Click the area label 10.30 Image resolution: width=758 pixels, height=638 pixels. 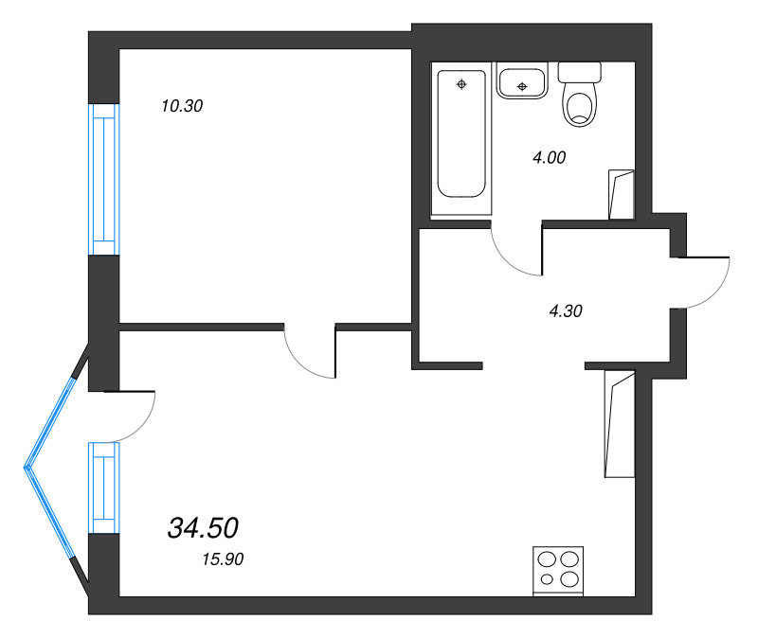(x=182, y=107)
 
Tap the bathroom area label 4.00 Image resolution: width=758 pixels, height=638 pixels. (x=549, y=158)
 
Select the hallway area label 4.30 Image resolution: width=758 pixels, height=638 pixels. (x=565, y=310)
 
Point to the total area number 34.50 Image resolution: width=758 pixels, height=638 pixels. (x=202, y=527)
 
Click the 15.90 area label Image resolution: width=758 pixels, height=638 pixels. (x=224, y=559)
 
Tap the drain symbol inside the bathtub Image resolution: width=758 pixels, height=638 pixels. (x=461, y=85)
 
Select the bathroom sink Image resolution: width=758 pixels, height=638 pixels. (x=520, y=82)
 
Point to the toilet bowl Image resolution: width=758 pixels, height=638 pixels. (x=580, y=105)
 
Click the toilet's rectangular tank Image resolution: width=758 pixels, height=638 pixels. (x=580, y=71)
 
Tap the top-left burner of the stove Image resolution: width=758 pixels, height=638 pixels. (x=546, y=559)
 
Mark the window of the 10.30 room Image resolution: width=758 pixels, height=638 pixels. (x=103, y=179)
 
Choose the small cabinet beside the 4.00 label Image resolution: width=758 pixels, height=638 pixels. (x=622, y=194)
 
